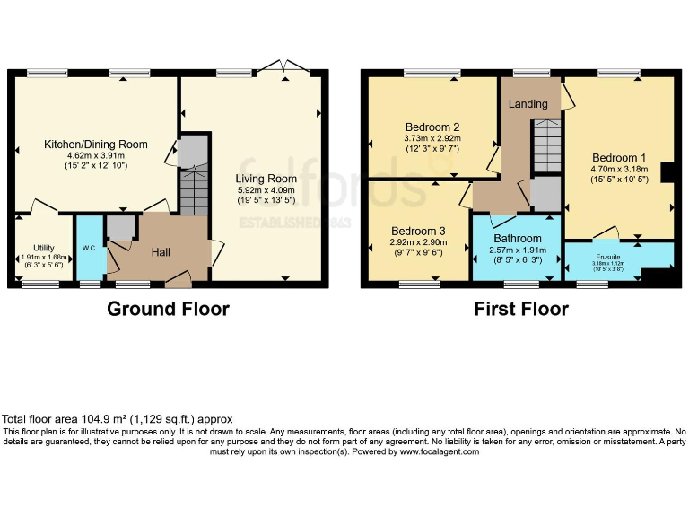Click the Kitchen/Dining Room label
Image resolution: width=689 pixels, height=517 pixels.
coord(96,144)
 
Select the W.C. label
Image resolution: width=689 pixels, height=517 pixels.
coord(88,248)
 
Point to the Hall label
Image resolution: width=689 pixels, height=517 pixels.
coord(161,253)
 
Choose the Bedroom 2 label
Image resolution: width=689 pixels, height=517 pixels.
coord(432,127)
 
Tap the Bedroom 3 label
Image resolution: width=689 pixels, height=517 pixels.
coord(418,231)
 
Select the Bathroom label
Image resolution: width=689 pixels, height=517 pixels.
coord(516,239)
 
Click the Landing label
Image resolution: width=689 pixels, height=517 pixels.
coord(528,104)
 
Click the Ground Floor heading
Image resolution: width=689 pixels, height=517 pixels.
coord(168,310)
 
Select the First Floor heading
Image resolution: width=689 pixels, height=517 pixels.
coord(521,310)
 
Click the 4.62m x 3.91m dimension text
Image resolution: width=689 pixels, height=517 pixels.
coord(96,155)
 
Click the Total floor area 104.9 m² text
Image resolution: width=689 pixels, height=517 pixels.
coord(118,419)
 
